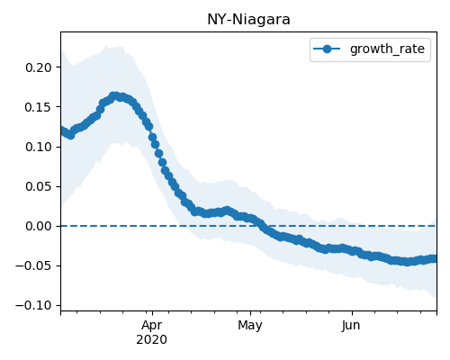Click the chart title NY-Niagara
[x=248, y=20]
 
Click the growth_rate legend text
[x=387, y=49]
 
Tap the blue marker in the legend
[x=327, y=49]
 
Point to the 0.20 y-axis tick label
[x=39, y=67]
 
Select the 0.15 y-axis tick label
[x=39, y=107]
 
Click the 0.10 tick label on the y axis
[x=39, y=147]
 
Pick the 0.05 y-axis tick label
[x=39, y=186]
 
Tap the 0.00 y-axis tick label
[x=39, y=226]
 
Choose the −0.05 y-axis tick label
[x=34, y=265]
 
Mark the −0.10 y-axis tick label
[x=34, y=306]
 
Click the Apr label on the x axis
[x=152, y=326]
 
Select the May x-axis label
[x=250, y=326]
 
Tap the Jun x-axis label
[x=351, y=326]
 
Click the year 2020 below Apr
[x=152, y=340]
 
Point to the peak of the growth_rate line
[x=114, y=96]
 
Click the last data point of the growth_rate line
[x=434, y=258]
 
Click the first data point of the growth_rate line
[x=62, y=130]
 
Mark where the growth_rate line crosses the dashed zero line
[x=260, y=226]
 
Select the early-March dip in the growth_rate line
[x=70, y=135]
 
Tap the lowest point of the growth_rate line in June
[x=407, y=262]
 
